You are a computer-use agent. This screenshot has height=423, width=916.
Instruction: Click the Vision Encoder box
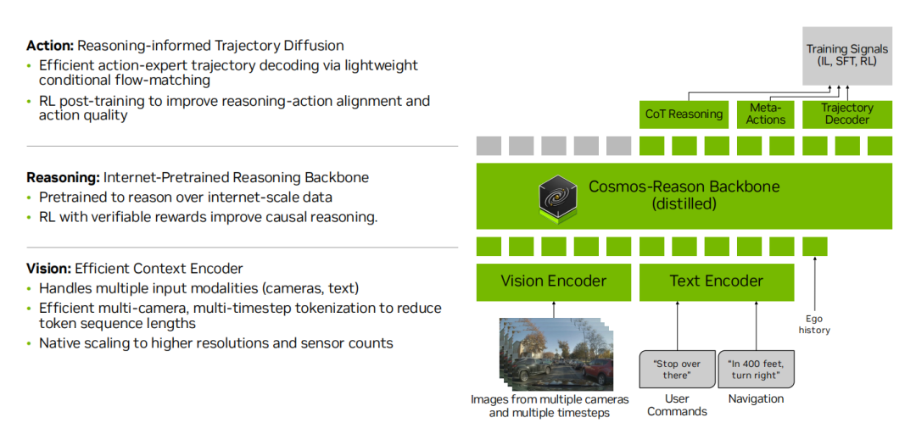(553, 282)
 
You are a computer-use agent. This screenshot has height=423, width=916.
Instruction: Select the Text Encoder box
(716, 282)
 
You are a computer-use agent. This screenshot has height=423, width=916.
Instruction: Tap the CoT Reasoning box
(684, 114)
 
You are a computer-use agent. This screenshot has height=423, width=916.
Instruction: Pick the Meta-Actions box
(766, 114)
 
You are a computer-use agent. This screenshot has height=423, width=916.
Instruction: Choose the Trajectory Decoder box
(847, 114)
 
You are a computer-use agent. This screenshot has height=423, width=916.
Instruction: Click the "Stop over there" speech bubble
(677, 370)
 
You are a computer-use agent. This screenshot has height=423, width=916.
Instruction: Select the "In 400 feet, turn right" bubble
(756, 370)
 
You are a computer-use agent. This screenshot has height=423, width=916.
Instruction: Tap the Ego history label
(814, 325)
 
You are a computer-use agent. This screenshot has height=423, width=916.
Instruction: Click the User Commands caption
(677, 405)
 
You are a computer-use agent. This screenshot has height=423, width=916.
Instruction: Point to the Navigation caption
(756, 399)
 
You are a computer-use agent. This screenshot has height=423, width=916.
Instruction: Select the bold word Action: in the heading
(50, 46)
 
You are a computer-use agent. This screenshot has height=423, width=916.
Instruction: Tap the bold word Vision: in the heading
(48, 269)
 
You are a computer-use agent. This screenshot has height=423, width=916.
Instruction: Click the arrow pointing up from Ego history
(814, 284)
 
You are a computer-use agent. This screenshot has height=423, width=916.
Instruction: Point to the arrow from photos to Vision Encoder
(554, 309)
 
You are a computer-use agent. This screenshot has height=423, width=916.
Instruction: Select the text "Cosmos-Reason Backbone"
(684, 187)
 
